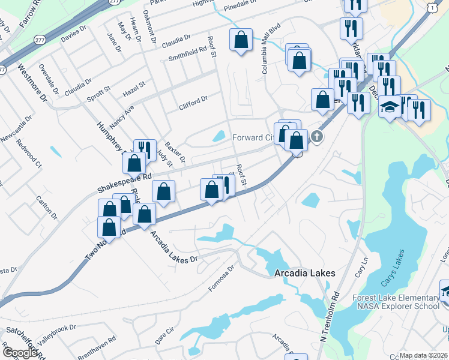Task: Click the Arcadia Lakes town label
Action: [304, 273]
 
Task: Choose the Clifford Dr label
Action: [193, 102]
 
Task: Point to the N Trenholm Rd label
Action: [329, 316]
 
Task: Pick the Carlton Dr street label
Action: [46, 206]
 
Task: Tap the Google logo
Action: [20, 353]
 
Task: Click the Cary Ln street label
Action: [362, 266]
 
